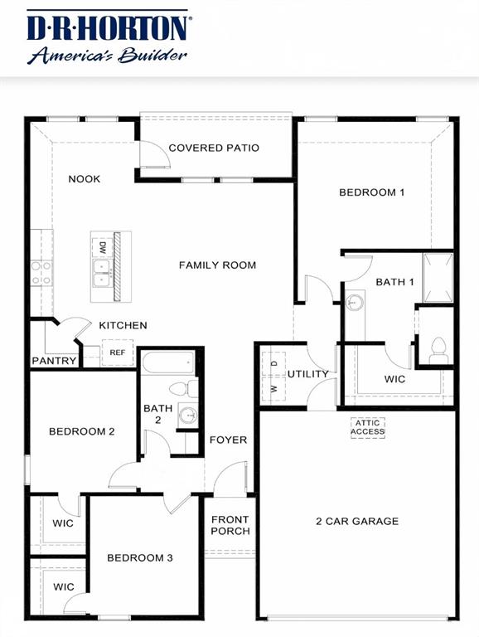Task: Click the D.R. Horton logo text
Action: (108, 27)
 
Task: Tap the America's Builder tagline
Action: (108, 56)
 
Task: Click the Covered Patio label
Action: (214, 148)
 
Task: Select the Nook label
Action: (85, 179)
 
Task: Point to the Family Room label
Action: (218, 265)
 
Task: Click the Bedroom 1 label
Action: (372, 192)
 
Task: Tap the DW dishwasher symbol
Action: (102, 246)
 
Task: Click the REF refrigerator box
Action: (118, 353)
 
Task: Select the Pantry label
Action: (54, 361)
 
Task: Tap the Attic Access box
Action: (367, 427)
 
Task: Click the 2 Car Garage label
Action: (357, 522)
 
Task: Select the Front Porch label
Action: (230, 526)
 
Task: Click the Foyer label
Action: (228, 440)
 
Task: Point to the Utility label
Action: (308, 374)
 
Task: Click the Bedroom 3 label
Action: (140, 558)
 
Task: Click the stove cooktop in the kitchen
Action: (41, 273)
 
